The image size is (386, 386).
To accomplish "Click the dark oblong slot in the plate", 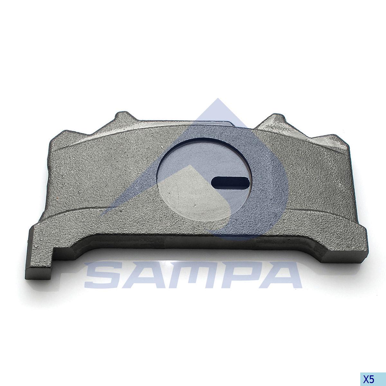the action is [x=230, y=182].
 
